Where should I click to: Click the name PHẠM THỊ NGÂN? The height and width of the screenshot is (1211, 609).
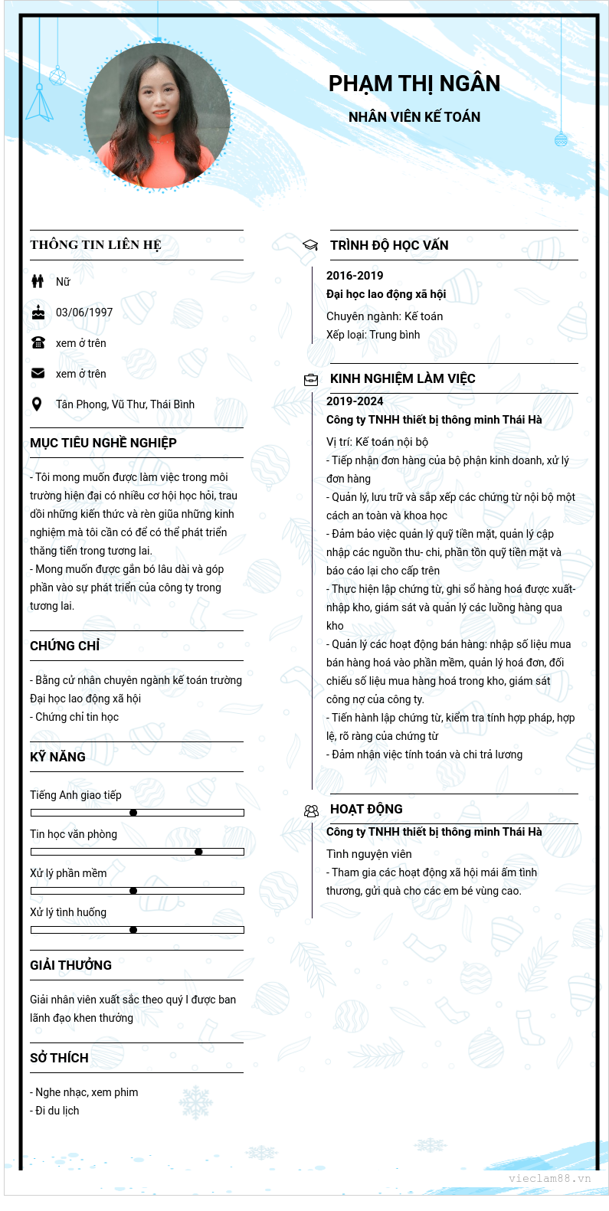(414, 83)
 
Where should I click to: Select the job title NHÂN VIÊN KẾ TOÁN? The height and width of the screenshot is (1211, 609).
(414, 117)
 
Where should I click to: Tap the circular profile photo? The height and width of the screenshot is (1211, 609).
(158, 115)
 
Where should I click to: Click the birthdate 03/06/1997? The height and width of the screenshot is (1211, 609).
(84, 313)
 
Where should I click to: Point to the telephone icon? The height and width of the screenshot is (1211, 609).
(38, 342)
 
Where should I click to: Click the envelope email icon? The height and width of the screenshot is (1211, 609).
(38, 373)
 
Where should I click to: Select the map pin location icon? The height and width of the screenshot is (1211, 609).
(37, 404)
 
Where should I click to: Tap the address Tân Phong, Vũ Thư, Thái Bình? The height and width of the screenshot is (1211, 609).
(125, 404)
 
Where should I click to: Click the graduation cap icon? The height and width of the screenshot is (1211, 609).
(310, 245)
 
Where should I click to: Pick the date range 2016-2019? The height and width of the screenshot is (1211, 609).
(355, 276)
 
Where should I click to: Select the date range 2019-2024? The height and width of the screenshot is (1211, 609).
(355, 401)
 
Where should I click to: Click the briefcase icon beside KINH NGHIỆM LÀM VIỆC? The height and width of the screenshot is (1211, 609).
(311, 379)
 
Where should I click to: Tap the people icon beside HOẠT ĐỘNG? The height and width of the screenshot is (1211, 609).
(311, 810)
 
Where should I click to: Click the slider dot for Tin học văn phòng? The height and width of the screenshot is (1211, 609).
(198, 852)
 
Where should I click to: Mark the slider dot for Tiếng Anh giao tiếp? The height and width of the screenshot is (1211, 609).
(133, 813)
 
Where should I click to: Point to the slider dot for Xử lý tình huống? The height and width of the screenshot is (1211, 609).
(133, 930)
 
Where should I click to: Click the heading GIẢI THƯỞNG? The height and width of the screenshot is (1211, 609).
(70, 965)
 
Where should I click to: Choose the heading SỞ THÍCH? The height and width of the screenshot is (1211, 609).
(59, 1058)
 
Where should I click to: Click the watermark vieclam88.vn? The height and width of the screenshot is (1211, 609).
(549, 1178)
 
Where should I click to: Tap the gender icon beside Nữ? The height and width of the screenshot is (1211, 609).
(38, 281)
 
